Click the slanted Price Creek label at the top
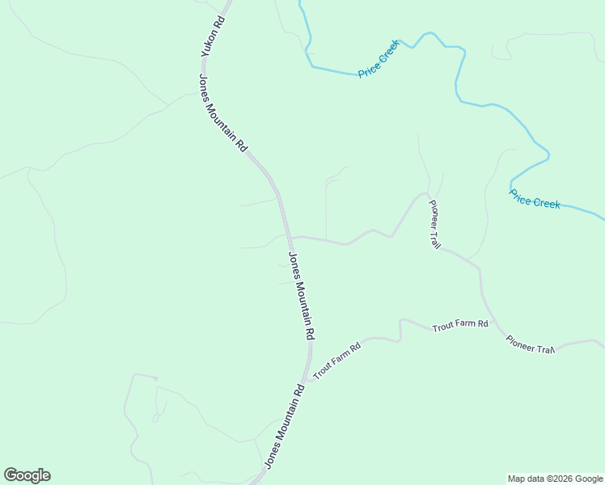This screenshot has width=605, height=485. tap(379, 61)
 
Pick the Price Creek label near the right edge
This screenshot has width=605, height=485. tap(535, 198)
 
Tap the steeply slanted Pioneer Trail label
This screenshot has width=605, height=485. tap(435, 224)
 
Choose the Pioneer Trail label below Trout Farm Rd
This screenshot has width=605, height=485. tap(530, 344)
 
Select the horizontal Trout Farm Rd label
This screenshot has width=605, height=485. tap(460, 326)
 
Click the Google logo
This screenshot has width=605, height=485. tap(27, 475)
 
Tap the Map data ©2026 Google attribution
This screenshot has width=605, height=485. tap(556, 479)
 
